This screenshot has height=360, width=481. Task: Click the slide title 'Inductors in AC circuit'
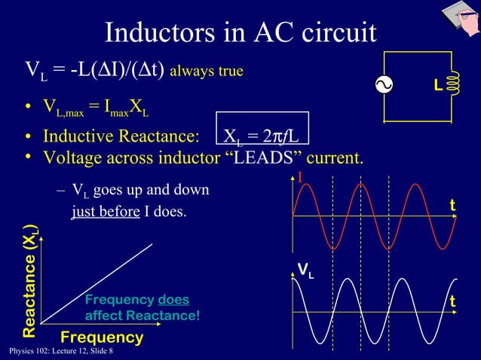pos(240,32)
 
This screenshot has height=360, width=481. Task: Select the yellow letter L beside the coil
pos(437,88)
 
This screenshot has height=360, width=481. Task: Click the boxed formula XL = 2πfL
pos(262,136)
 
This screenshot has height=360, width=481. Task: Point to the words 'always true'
pos(207,72)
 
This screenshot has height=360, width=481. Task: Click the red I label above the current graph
pos(299,178)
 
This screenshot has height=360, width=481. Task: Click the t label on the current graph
pos(452,206)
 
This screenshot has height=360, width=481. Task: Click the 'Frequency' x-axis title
pos(102,337)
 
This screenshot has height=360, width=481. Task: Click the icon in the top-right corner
pos(458,18)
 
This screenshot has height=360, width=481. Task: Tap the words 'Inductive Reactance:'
pos(121,137)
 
